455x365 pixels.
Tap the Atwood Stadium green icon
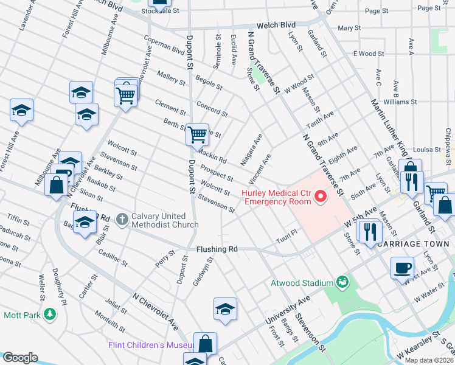[x=342, y=282]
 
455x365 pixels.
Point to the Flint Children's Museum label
[x=150, y=345]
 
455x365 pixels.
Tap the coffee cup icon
[x=402, y=268]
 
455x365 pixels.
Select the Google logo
[x=20, y=358]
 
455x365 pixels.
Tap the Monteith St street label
[x=109, y=322]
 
